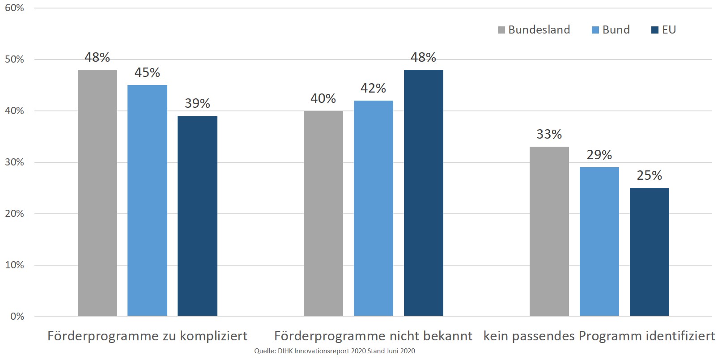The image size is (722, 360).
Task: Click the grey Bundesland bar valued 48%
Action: pyautogui.click(x=98, y=193)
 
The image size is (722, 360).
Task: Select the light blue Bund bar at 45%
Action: pyautogui.click(x=147, y=200)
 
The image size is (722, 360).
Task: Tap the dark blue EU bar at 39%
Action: pyautogui.click(x=197, y=216)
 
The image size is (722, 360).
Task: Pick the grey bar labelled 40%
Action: pyautogui.click(x=323, y=213)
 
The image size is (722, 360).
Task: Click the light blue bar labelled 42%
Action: pyautogui.click(x=374, y=208)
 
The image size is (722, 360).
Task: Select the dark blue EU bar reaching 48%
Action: pyautogui.click(x=424, y=193)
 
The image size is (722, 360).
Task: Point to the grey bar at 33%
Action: pyautogui.click(x=549, y=231)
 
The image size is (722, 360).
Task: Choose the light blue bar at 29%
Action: pyautogui.click(x=599, y=241)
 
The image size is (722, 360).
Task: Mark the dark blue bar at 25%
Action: pyautogui.click(x=650, y=252)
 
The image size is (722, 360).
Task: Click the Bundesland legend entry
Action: pyautogui.click(x=534, y=30)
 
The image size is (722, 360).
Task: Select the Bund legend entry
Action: pyautogui.click(x=611, y=30)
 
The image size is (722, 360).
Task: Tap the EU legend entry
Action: pyautogui.click(x=664, y=30)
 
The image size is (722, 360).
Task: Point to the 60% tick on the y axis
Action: pyautogui.click(x=14, y=8)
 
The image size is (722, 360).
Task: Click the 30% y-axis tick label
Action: pyautogui.click(x=14, y=162)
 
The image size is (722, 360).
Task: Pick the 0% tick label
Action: pyautogui.click(x=17, y=317)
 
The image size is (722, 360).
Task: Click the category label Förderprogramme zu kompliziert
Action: pyautogui.click(x=147, y=336)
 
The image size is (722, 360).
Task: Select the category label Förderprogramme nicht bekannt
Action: pyautogui.click(x=373, y=336)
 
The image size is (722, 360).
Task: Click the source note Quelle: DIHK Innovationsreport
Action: pyautogui.click(x=335, y=351)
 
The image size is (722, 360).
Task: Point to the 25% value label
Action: pyautogui.click(x=650, y=175)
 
